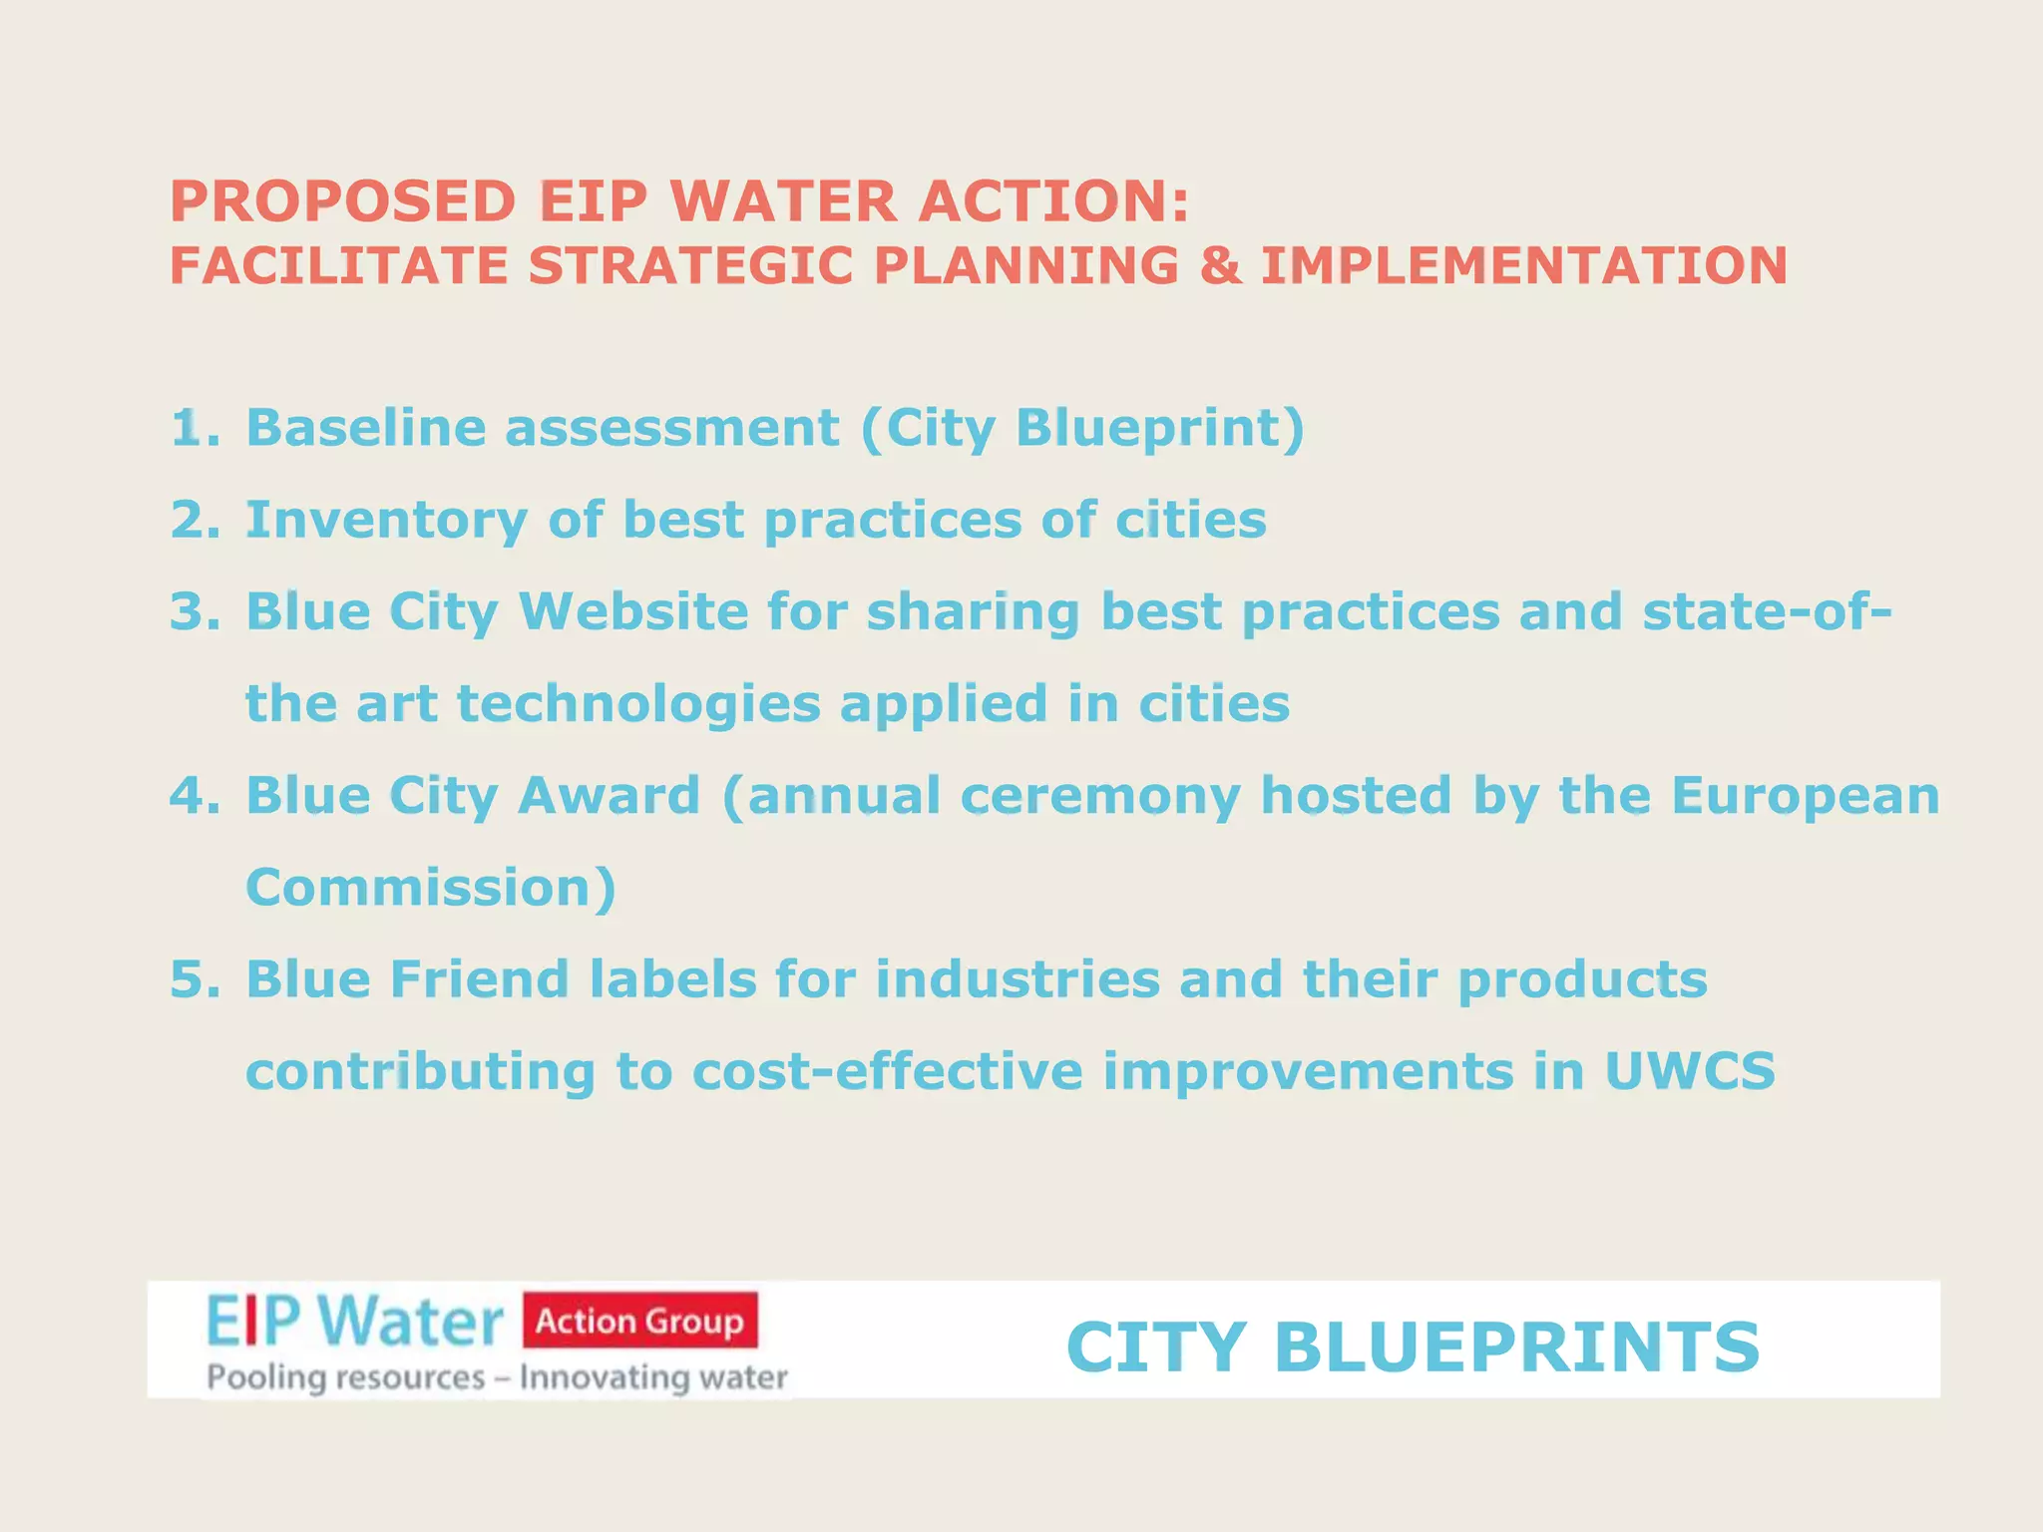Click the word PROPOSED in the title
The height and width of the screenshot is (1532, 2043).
(x=342, y=201)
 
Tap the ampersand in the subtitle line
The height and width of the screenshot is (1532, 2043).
(x=1221, y=266)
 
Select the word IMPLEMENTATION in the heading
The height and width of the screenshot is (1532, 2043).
(x=1524, y=266)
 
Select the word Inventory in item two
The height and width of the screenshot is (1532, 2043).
(x=386, y=521)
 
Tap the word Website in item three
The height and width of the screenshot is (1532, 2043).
(x=633, y=611)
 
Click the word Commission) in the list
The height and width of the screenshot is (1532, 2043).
(x=431, y=888)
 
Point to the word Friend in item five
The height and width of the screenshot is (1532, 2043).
(x=479, y=979)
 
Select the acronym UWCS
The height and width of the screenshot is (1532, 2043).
(x=1690, y=1071)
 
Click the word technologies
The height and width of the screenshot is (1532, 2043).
(x=638, y=705)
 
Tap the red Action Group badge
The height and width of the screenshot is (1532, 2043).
(x=639, y=1321)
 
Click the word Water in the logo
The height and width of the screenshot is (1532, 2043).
(x=412, y=1322)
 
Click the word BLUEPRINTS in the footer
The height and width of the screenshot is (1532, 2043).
(x=1516, y=1347)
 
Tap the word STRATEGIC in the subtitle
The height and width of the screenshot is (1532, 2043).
(x=690, y=266)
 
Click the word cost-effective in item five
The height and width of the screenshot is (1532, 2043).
(x=887, y=1071)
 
